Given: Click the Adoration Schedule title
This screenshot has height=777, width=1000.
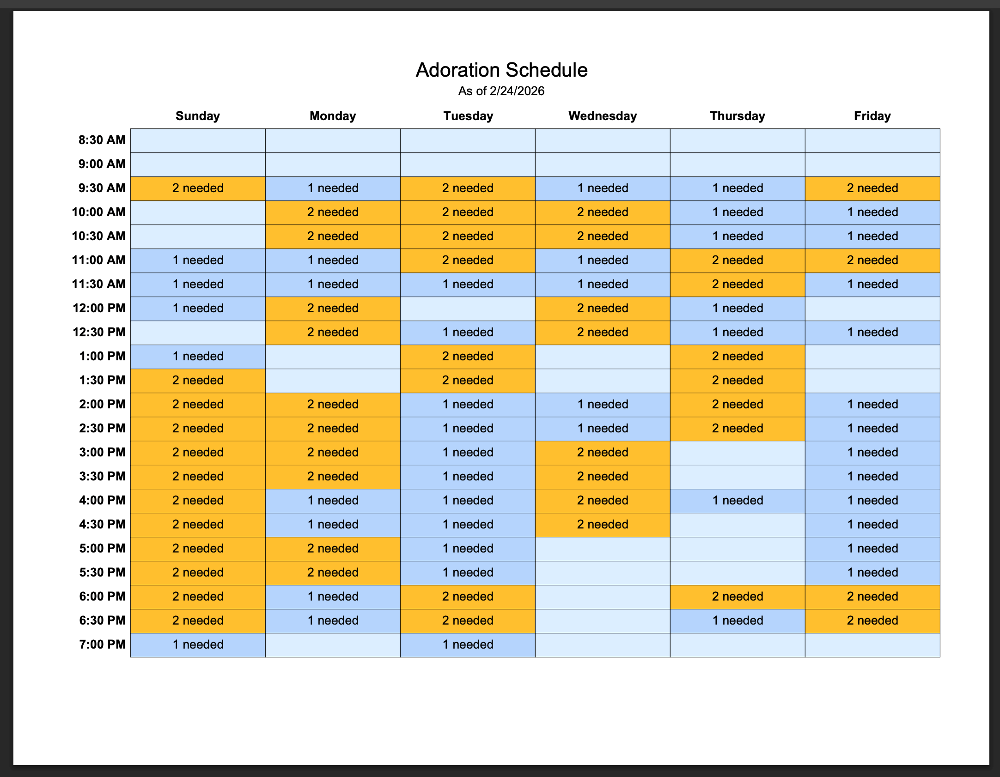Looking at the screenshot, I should [x=501, y=70].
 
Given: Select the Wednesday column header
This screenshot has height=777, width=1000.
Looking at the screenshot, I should [x=602, y=116].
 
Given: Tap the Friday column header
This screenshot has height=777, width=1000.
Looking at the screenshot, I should [x=872, y=116].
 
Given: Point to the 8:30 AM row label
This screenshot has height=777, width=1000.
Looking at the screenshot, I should [x=102, y=140].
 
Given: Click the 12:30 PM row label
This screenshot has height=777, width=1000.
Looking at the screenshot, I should [x=99, y=332].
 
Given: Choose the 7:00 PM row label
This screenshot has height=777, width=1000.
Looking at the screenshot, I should [x=102, y=644].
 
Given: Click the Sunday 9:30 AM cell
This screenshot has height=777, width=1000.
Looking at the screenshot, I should [x=198, y=188].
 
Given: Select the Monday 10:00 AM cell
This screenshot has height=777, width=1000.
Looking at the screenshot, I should [x=333, y=212].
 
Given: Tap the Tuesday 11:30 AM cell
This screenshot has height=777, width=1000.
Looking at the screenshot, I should [x=468, y=285].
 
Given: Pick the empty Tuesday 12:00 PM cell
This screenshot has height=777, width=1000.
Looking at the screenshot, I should [x=468, y=309].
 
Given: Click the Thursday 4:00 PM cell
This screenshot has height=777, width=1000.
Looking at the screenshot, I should [x=738, y=501].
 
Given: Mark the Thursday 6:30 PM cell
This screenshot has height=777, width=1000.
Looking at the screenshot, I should [x=738, y=621].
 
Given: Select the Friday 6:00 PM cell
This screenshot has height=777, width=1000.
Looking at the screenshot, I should [x=872, y=597].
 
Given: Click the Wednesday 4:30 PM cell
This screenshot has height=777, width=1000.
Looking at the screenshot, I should [x=603, y=525].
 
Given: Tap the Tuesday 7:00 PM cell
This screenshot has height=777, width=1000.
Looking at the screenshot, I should [x=468, y=645].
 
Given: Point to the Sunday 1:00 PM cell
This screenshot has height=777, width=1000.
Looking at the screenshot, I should [x=198, y=357].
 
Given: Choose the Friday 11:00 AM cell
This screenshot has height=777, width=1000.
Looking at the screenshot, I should [x=872, y=261].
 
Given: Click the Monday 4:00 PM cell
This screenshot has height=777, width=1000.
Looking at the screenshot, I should [x=333, y=501].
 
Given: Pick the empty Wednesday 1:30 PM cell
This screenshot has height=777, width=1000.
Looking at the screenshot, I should [x=603, y=381].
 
